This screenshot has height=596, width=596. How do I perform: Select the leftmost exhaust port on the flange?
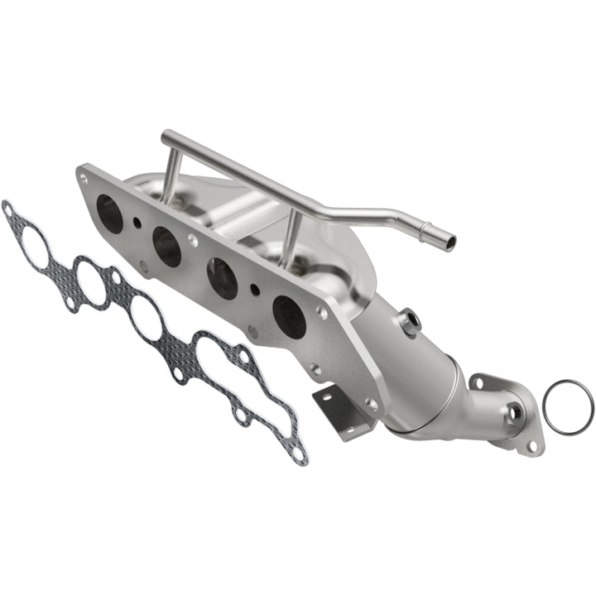click(110, 213)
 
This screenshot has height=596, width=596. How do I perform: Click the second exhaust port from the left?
click(166, 247)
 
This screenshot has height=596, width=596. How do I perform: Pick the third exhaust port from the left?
click(223, 278)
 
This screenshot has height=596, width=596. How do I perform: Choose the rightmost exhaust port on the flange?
click(289, 316)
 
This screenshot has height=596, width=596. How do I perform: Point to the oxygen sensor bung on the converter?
click(408, 321)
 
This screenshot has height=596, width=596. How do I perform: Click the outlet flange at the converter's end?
click(507, 412)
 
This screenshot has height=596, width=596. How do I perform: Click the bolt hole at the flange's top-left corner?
click(83, 177)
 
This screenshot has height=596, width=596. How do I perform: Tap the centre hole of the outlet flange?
click(513, 411)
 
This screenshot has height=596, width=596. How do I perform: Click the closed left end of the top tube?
click(166, 136)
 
